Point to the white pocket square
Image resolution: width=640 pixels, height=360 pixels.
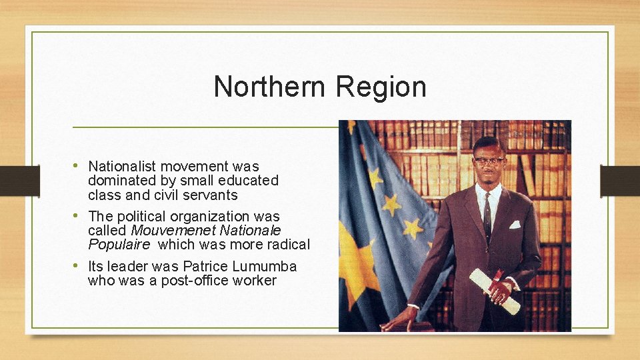point(514,224)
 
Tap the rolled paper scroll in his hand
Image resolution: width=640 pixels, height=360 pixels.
point(494,291)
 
